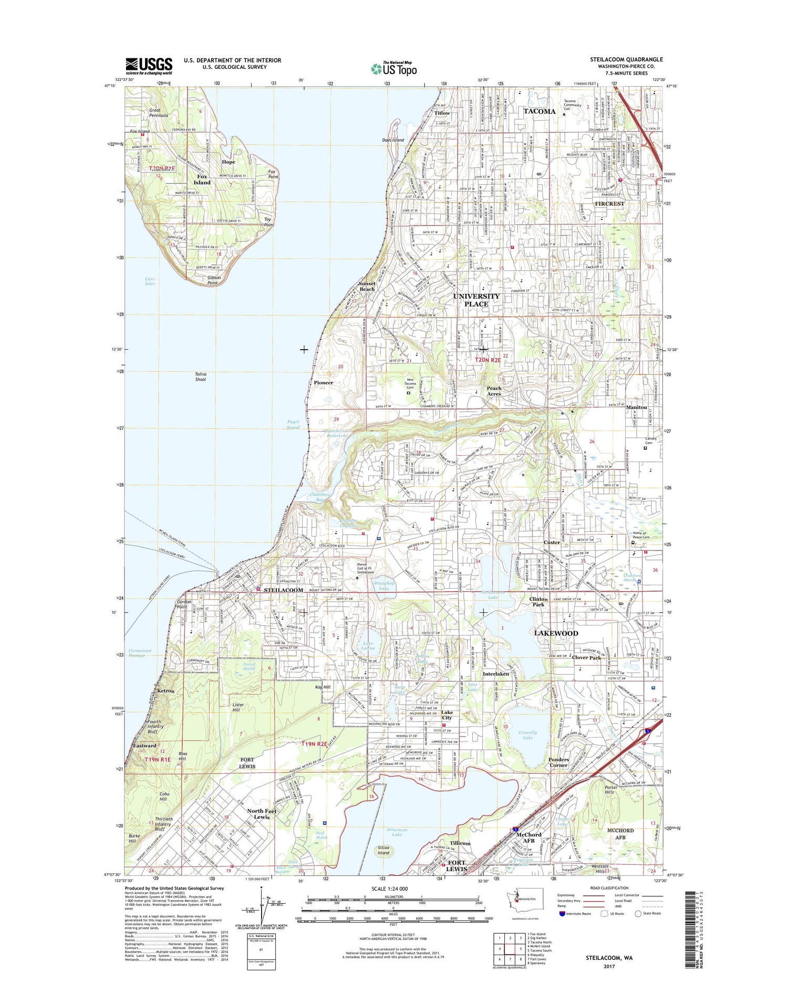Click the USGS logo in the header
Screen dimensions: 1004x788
point(149,66)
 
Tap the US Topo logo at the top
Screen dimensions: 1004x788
point(393,68)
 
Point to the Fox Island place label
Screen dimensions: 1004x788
point(202,179)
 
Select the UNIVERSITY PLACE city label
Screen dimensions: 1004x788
point(476,300)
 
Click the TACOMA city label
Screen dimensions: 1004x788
point(539,111)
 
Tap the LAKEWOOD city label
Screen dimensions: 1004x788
point(556,633)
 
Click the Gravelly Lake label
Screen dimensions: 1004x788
point(527,735)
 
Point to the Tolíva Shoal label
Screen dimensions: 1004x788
point(201,376)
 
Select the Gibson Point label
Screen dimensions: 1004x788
point(213,280)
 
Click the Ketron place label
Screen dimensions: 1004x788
point(165,691)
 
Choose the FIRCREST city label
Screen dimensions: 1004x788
point(609,203)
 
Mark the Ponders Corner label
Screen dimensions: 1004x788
point(558,762)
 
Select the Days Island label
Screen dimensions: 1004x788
point(393,140)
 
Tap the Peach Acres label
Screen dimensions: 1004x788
point(493,391)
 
